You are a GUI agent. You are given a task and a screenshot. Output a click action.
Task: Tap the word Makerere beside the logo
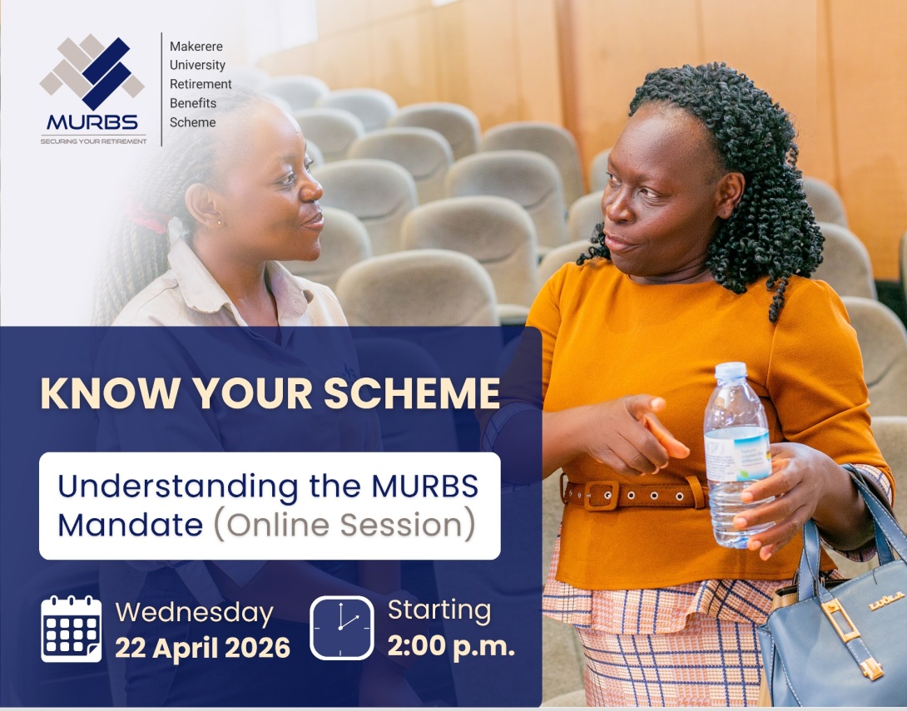pos(196,47)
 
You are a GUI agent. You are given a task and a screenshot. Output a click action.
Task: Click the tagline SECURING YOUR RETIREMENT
pos(93,141)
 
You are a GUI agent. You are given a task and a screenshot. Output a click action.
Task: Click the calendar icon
pos(72,629)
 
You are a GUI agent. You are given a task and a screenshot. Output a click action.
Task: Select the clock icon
pos(342,628)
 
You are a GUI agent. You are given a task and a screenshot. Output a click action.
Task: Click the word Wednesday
pos(194,613)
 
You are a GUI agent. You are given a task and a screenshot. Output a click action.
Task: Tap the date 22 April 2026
pos(202,647)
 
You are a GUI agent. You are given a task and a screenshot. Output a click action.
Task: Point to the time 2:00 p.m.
pos(451,646)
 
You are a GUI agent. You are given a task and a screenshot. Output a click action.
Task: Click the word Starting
pos(439,610)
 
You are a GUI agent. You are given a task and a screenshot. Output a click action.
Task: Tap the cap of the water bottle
pos(731,371)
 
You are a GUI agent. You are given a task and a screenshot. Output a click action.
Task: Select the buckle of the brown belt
pos(601,495)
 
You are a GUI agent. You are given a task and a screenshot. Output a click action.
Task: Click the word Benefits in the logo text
pos(193,103)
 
